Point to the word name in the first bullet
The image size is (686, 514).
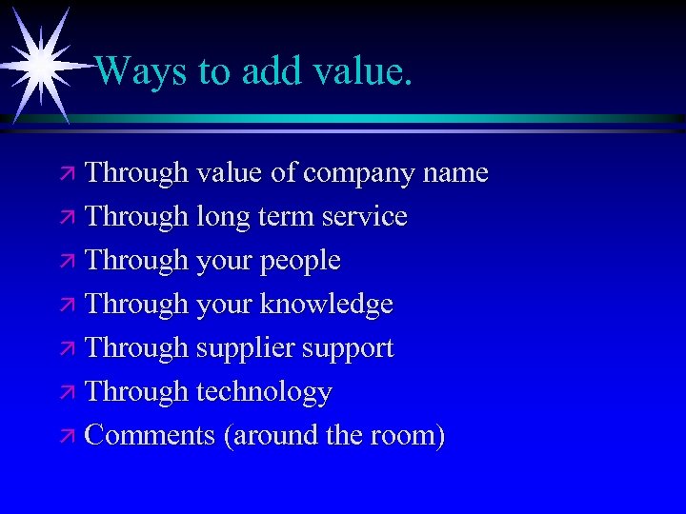click(454, 173)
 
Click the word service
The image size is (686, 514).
click(365, 217)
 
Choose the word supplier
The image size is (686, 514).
click(246, 349)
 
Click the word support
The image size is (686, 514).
click(348, 349)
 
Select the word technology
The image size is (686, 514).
click(264, 392)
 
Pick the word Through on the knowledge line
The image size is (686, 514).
click(136, 305)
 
